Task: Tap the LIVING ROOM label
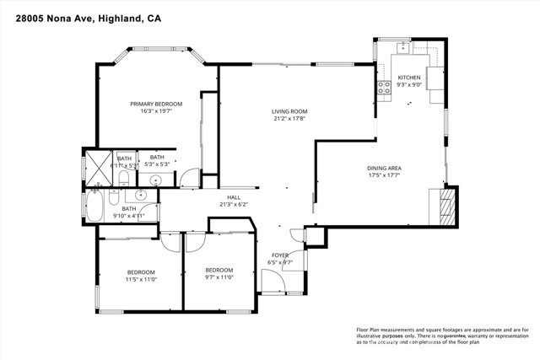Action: (289, 111)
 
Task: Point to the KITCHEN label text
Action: (409, 77)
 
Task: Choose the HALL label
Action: (234, 196)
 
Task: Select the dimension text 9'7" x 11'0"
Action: (219, 278)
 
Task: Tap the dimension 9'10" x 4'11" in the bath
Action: (129, 216)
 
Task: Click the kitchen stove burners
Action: (382, 84)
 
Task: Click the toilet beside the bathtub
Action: (118, 196)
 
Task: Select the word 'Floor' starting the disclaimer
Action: (364, 330)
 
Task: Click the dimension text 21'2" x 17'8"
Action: (289, 119)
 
